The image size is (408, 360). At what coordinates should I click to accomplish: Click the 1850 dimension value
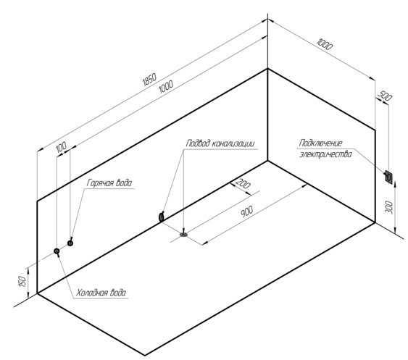coord(149,80)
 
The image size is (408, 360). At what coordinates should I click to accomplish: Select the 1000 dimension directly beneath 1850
coord(166,87)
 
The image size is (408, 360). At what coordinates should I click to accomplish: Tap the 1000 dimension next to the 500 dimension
coord(325,44)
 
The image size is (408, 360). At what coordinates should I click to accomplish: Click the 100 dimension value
coord(61,147)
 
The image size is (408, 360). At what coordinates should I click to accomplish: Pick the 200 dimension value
coord(243,183)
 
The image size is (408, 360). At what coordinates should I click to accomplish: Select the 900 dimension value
coord(246,212)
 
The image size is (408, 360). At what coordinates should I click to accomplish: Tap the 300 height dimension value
coord(389,207)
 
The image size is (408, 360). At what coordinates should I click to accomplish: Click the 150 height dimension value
coord(23,282)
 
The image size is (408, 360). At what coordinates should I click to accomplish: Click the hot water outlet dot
coord(70,243)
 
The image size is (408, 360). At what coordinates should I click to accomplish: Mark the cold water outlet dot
coord(57,251)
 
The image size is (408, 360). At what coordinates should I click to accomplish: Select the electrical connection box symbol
coord(388,177)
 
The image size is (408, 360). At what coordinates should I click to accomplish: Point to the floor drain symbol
coord(183,235)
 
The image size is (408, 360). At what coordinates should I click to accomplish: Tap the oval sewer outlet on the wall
coord(162,217)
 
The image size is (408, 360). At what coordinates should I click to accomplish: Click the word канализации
coord(233,143)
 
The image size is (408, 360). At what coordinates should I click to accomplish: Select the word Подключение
coord(320,143)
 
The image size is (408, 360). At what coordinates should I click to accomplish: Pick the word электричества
coord(325,154)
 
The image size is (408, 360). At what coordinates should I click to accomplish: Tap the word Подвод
coord(198,143)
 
